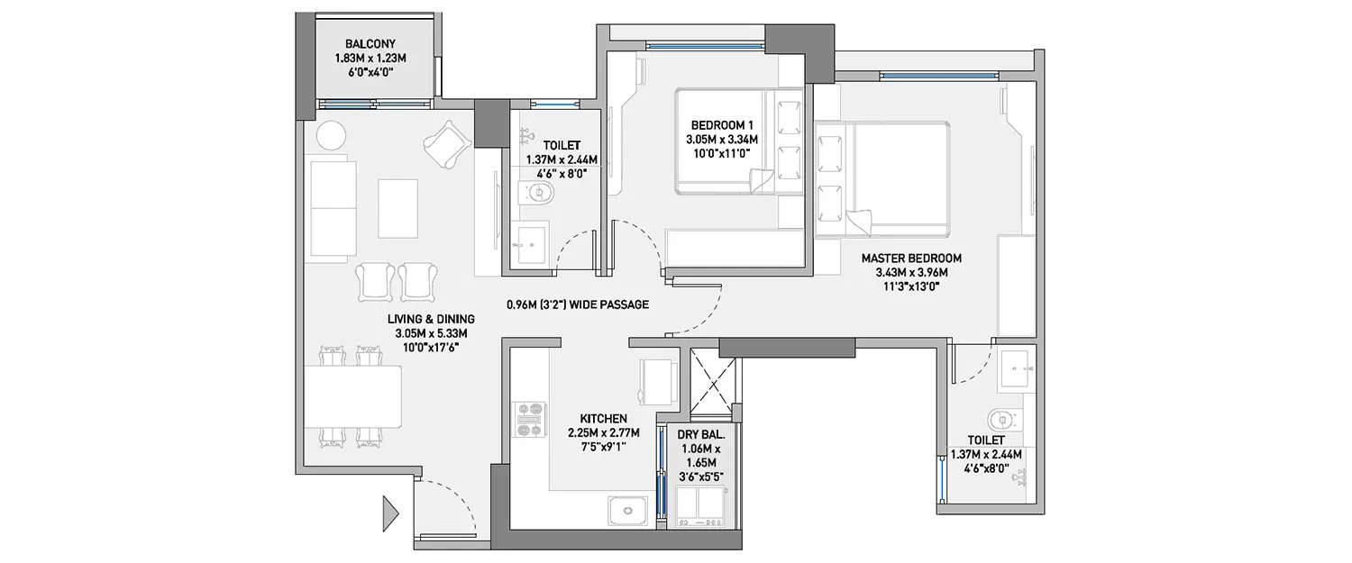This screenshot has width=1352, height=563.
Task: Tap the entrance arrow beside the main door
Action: pyautogui.click(x=390, y=513)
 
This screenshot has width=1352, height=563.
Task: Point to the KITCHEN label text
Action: pyautogui.click(x=603, y=420)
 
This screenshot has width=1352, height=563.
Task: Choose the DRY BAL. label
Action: pyautogui.click(x=699, y=435)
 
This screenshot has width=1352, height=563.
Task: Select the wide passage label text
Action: pyautogui.click(x=578, y=305)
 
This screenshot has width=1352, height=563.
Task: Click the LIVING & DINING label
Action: pyautogui.click(x=431, y=319)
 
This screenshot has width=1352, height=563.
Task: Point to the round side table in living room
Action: pyautogui.click(x=331, y=136)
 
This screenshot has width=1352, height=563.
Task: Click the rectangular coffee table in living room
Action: pyautogui.click(x=397, y=208)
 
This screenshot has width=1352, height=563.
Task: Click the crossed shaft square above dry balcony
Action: pyautogui.click(x=713, y=384)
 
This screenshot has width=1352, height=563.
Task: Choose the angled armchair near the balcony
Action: pyautogui.click(x=446, y=144)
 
